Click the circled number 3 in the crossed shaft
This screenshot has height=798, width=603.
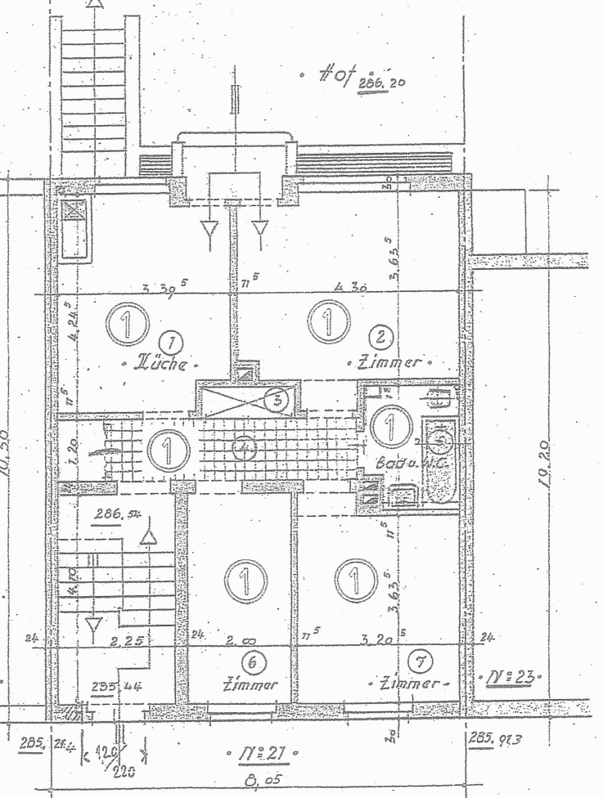point(279,400)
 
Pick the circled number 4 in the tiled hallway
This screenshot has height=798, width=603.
point(243,449)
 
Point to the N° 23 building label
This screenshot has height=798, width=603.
point(506,677)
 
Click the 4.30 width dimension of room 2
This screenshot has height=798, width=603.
point(348,288)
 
